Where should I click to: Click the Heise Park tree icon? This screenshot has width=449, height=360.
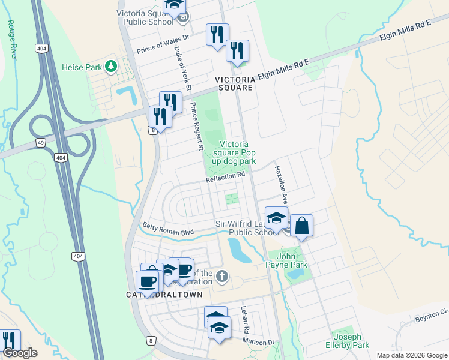[x=110, y=66]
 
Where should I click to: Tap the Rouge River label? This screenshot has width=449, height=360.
[x=11, y=40]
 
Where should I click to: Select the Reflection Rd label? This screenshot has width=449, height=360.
[x=226, y=175]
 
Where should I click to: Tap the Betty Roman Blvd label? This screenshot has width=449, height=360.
[x=168, y=228]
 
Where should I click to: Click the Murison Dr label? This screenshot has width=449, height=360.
[x=258, y=341]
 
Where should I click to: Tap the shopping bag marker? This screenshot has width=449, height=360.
[x=303, y=226]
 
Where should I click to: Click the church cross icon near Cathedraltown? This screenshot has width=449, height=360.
[x=222, y=276]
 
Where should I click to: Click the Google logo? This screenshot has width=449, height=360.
[x=19, y=352]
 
